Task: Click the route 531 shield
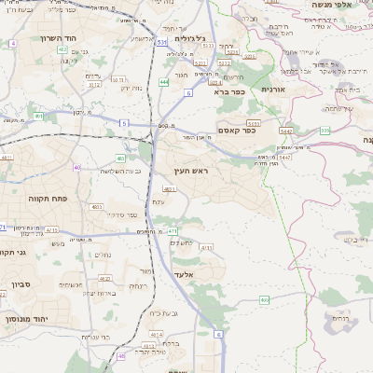(162, 42)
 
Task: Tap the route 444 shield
(164, 82)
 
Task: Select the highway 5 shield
(123, 122)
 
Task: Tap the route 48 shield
(121, 355)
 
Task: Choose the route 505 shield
(325, 131)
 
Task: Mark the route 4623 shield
(104, 278)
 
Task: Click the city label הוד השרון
(37, 38)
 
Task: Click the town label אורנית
(272, 89)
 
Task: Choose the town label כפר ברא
(229, 92)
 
